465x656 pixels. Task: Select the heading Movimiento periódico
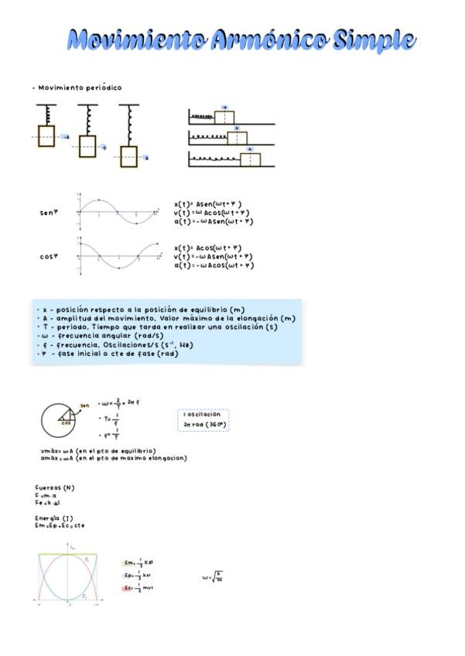coord(78,88)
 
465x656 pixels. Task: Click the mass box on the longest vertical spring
coord(128,155)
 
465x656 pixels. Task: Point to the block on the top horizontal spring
coord(224,117)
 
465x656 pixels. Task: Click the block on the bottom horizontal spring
coord(250,159)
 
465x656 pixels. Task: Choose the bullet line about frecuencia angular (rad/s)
coord(101,337)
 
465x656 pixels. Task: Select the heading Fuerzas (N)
coord(55,488)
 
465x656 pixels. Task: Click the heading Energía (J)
coord(54,518)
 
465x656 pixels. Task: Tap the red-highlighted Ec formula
coord(138,588)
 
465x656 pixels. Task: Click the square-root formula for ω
coord(213,577)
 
